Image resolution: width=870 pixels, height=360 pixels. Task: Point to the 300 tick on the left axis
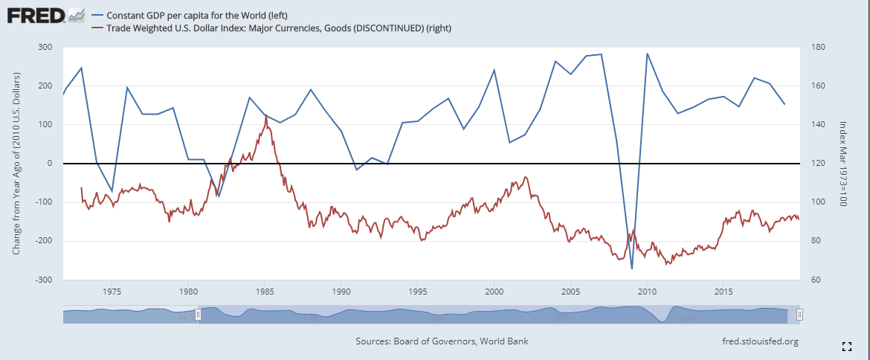tap(44, 47)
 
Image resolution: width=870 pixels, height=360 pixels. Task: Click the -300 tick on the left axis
tap(42, 280)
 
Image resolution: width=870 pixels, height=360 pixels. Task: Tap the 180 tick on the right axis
tap(816, 47)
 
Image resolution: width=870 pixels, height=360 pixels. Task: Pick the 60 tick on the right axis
tap(813, 280)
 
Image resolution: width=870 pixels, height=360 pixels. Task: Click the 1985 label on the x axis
tap(265, 291)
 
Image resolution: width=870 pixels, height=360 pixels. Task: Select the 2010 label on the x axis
tap(647, 291)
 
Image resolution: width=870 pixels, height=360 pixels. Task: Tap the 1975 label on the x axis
tap(112, 291)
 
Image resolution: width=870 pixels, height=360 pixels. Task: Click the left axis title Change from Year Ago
tap(16, 164)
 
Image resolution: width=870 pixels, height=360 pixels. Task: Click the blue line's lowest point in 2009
tap(631, 269)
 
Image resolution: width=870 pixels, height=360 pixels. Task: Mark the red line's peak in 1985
tap(265, 115)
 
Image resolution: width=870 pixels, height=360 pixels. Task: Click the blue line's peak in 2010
tap(647, 54)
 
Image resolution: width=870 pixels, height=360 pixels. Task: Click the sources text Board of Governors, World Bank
tap(442, 341)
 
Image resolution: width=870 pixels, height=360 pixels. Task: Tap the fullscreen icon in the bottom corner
tap(846, 346)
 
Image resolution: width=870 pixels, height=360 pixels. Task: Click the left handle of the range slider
tap(198, 315)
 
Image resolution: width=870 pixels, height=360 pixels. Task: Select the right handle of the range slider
tap(799, 315)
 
